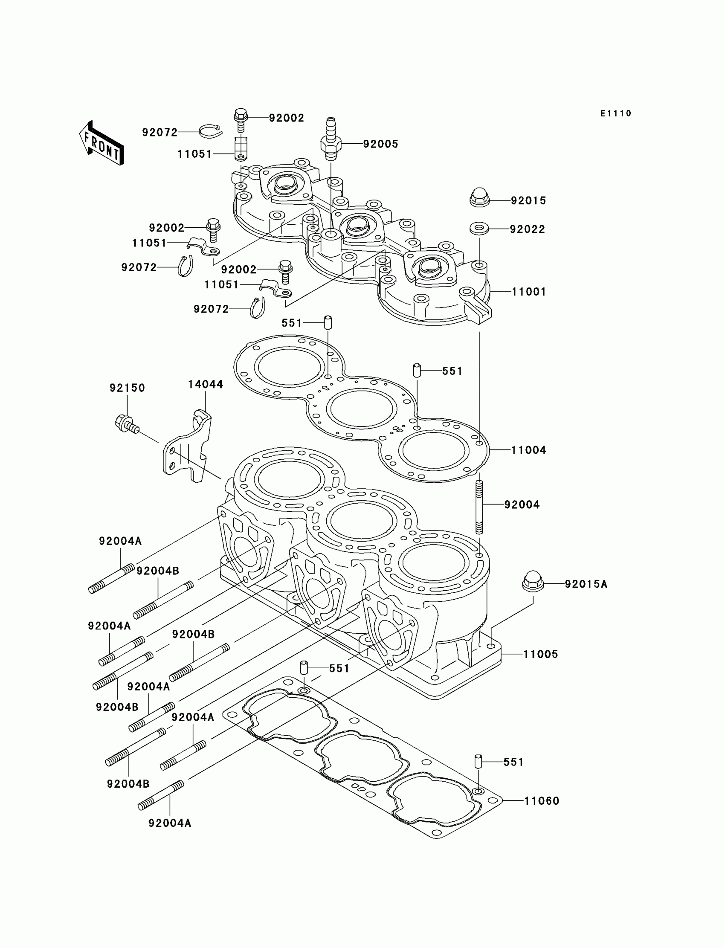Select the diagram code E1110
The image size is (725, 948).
(615, 113)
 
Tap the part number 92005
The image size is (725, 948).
(380, 144)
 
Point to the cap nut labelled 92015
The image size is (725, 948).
(479, 197)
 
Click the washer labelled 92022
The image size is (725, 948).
(479, 228)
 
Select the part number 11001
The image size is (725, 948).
(529, 292)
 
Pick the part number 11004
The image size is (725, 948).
(529, 450)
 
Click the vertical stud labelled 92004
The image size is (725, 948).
(479, 507)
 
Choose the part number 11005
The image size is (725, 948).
(540, 654)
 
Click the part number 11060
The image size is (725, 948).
(542, 801)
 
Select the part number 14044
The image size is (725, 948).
(206, 385)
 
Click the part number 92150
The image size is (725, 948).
(128, 388)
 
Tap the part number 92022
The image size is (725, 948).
(528, 229)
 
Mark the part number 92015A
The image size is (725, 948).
(586, 584)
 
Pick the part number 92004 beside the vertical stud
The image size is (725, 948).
(522, 504)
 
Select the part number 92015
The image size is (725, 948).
(528, 201)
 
